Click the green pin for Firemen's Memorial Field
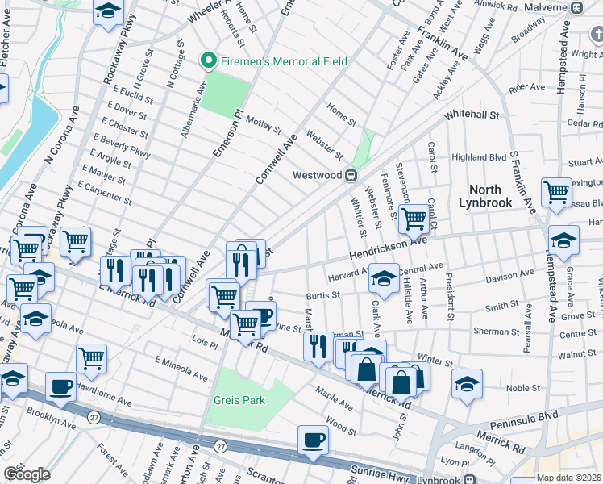point(208,61)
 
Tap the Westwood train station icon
point(351,175)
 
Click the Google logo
point(27,474)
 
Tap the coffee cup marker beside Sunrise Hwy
point(313,440)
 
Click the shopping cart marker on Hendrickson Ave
point(414,217)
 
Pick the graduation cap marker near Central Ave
point(385,278)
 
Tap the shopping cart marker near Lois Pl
point(92,358)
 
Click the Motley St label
point(264,127)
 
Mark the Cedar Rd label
point(584,123)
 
